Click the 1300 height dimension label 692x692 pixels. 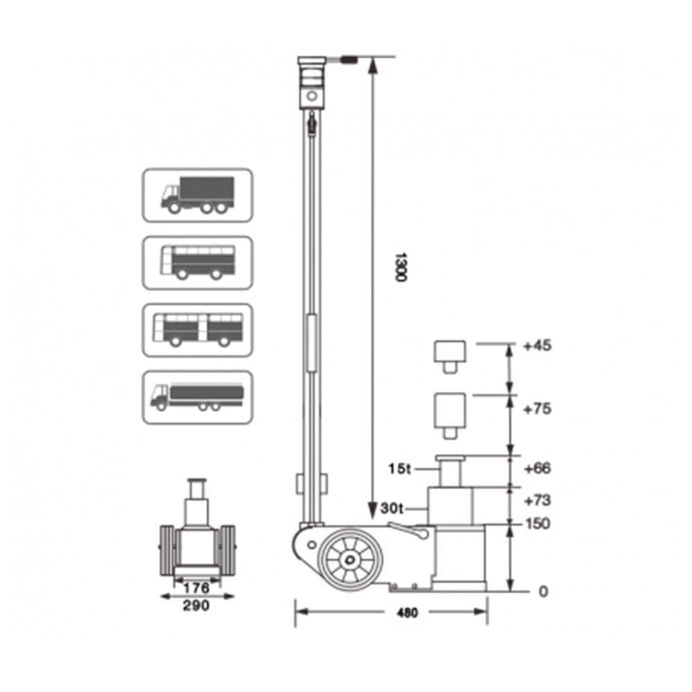click(x=400, y=267)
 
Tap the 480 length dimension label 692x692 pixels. click(x=407, y=613)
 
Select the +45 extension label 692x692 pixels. click(x=537, y=345)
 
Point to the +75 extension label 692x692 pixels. click(x=537, y=409)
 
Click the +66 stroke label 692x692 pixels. click(x=537, y=468)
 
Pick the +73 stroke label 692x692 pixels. click(x=537, y=500)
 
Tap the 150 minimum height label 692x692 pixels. click(x=538, y=524)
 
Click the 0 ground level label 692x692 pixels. click(x=543, y=592)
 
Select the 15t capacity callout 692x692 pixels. click(x=399, y=468)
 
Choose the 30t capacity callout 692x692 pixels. click(x=392, y=509)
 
